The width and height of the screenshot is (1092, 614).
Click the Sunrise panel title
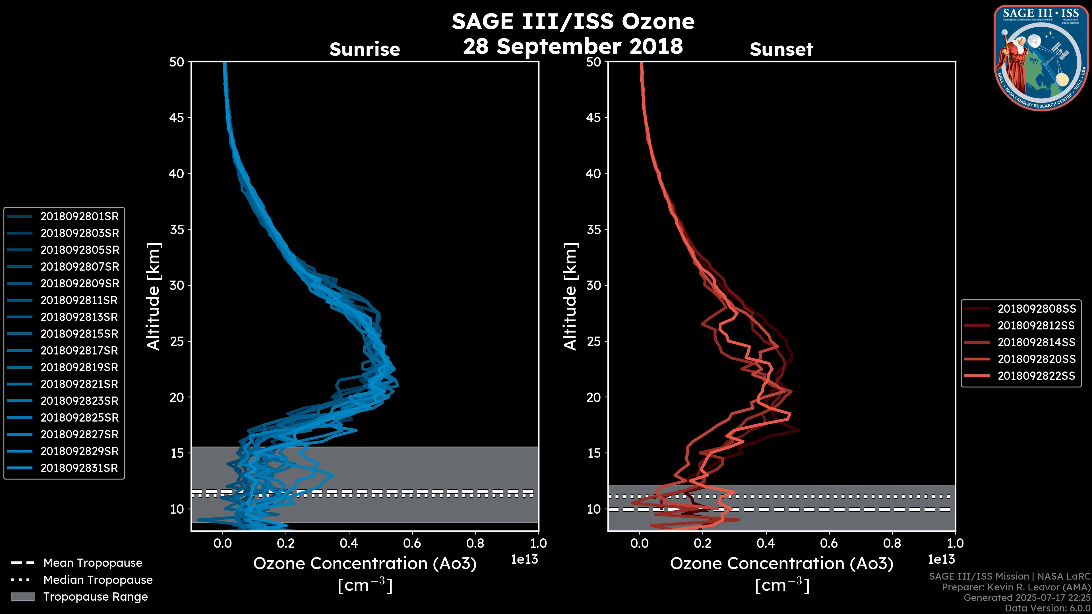tap(365, 49)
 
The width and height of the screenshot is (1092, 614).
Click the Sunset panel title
tap(781, 49)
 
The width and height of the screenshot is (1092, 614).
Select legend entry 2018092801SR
tap(79, 217)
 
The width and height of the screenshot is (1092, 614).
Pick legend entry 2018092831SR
tap(79, 468)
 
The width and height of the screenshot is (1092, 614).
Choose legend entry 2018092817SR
tap(79, 351)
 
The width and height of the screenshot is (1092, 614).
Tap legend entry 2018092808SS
tap(1037, 309)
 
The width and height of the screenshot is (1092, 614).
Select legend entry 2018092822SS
tap(1037, 376)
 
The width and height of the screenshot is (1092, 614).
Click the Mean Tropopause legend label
tap(93, 563)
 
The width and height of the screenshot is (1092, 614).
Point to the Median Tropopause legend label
tap(98, 580)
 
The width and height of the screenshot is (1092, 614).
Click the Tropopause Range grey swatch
tap(23, 597)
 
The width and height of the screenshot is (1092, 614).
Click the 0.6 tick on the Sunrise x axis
tap(412, 543)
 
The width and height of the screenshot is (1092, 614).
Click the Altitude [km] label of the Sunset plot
tap(570, 296)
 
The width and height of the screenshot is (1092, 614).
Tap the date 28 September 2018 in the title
tap(573, 46)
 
